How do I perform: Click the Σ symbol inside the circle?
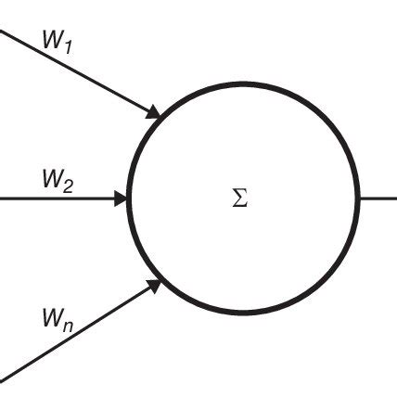pos(239,198)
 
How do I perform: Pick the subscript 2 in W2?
pos(69,185)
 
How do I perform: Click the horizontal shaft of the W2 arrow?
pos(56,198)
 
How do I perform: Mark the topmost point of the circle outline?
pos(243,84)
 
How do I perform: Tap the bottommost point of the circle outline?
pos(243,313)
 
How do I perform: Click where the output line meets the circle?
pos(358,198)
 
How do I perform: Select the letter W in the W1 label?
pos(52,38)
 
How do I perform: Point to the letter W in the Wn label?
pos(52,318)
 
